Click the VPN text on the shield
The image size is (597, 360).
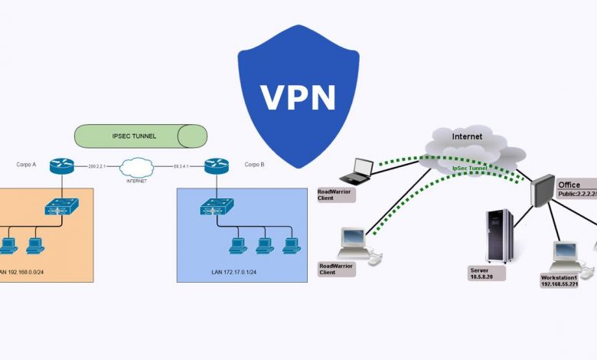pyautogui.click(x=298, y=97)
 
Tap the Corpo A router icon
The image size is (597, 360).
pyautogui.click(x=59, y=165)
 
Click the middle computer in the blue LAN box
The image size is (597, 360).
pyautogui.click(x=263, y=246)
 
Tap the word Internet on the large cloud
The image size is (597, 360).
pyautogui.click(x=467, y=136)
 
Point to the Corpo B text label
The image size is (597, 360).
pyautogui.click(x=254, y=164)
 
